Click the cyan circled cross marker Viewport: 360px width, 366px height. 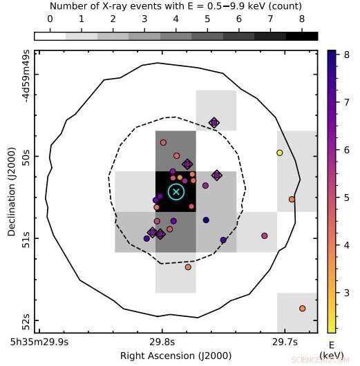176,191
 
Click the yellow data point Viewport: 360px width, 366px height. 279,153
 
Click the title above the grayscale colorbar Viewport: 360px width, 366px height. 176,6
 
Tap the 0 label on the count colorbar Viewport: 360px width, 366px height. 50,20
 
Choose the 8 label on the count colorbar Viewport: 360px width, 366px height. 302,20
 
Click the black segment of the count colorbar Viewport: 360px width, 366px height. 302,35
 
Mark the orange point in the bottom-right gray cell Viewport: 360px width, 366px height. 302,308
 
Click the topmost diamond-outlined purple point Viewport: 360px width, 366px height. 214,123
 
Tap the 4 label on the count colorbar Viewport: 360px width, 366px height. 176,20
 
